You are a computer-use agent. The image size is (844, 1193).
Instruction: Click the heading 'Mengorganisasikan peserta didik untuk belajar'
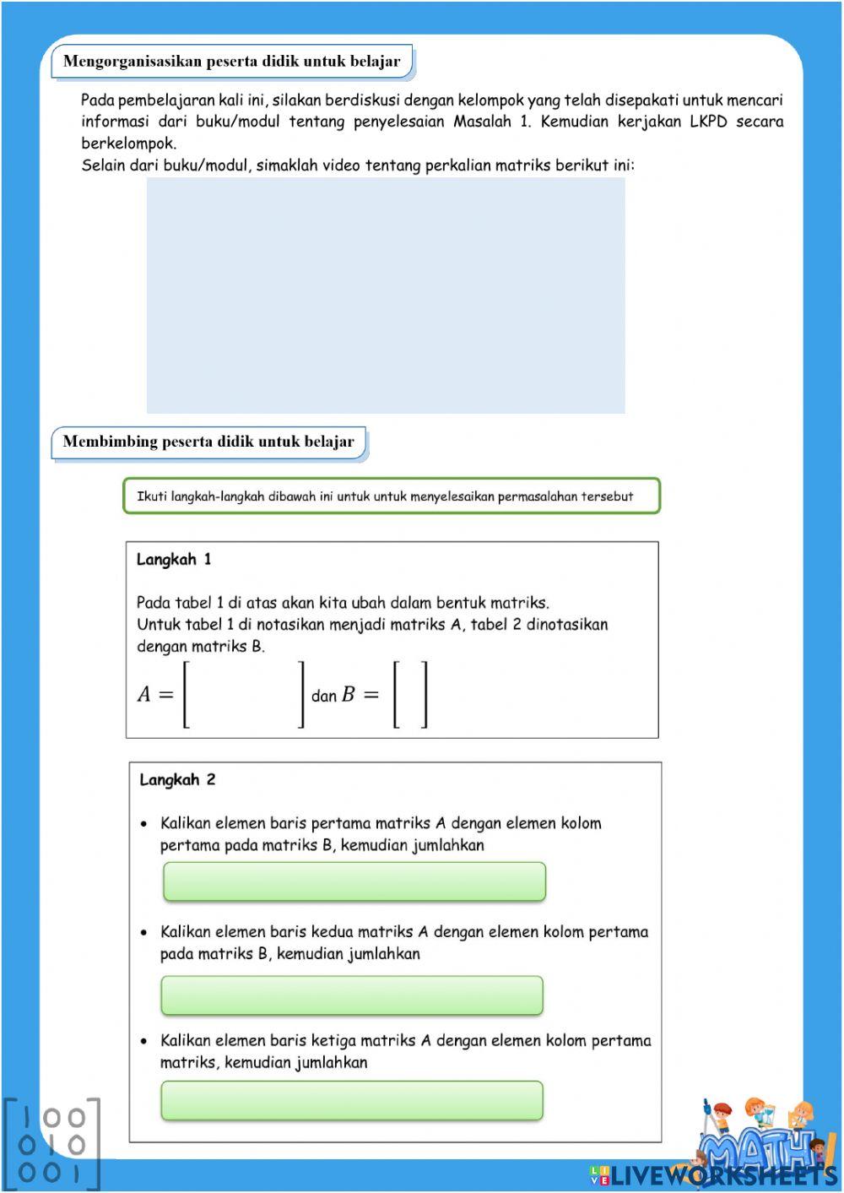pos(232,62)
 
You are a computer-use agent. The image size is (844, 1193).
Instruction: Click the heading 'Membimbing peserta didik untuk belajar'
pos(208,442)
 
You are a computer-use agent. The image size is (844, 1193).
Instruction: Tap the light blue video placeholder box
pos(386,295)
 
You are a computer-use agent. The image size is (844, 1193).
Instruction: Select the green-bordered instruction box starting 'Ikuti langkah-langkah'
pos(392,496)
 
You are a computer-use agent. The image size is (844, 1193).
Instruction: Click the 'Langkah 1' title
pos(174,560)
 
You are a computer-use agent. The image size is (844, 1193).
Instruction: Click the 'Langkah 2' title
pos(177,780)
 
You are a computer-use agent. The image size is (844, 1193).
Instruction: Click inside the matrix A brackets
pos(244,694)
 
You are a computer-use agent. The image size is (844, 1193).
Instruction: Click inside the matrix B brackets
pos(410,694)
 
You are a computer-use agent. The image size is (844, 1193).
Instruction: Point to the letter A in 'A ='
pos(144,695)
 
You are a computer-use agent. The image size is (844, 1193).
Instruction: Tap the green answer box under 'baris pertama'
pos(354,881)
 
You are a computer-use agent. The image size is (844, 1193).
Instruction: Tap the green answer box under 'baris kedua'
pos(352,995)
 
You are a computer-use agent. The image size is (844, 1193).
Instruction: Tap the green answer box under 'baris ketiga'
pos(352,1101)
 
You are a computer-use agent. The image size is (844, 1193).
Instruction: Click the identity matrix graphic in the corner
pos(51,1145)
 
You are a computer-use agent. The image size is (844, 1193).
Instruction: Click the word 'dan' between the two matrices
pos(324,697)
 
